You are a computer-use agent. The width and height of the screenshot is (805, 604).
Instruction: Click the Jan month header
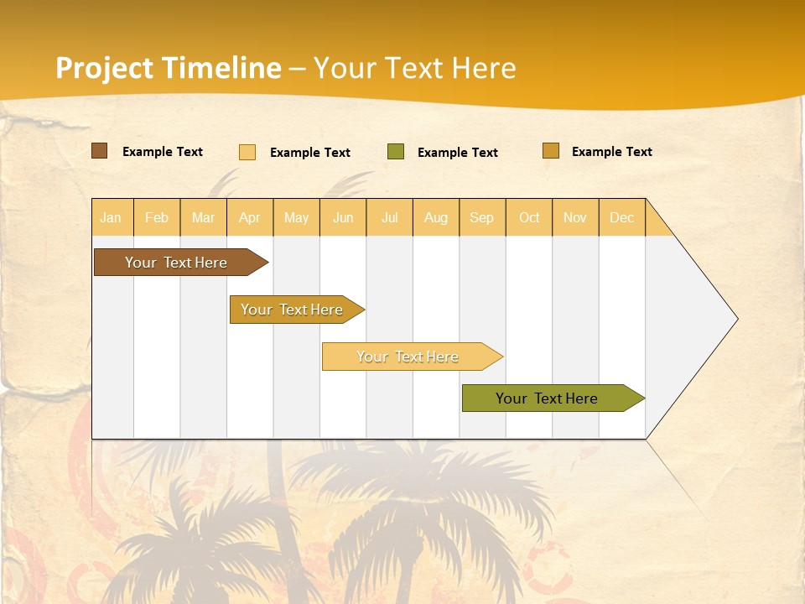click(112, 217)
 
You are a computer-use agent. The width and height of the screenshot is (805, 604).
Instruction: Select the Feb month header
click(157, 217)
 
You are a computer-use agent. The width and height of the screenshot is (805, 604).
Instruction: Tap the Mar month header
click(203, 217)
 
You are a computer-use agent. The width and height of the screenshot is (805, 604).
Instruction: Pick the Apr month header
click(250, 217)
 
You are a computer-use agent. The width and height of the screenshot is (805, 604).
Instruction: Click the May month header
click(296, 217)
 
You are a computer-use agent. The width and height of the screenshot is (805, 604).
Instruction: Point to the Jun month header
click(343, 217)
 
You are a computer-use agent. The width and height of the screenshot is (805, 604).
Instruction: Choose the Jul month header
click(389, 217)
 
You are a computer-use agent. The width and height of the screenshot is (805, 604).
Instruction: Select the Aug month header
click(436, 217)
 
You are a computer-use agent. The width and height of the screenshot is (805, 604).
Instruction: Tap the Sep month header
click(482, 217)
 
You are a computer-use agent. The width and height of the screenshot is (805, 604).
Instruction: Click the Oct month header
click(529, 217)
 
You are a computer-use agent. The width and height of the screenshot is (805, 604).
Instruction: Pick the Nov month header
click(575, 217)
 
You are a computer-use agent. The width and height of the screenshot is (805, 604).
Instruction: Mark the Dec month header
click(622, 217)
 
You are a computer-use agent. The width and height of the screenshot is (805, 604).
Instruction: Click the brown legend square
click(100, 151)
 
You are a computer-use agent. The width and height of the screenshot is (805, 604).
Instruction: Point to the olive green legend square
click(396, 152)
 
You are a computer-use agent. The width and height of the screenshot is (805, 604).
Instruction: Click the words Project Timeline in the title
click(169, 68)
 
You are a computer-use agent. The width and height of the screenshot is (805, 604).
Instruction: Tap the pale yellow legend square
click(247, 152)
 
